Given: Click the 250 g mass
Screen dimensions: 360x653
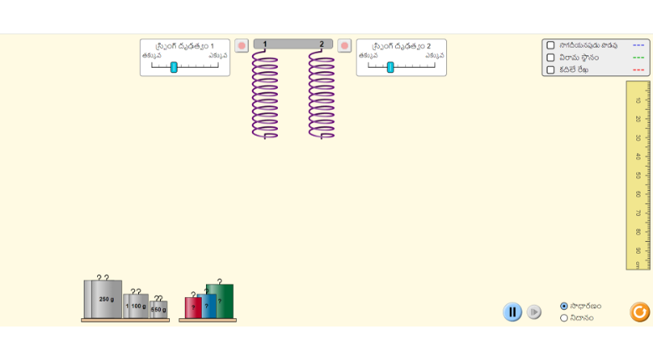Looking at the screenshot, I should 105,299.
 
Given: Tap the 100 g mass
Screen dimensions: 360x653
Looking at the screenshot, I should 138,306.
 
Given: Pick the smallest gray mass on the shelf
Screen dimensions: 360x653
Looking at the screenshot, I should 159,309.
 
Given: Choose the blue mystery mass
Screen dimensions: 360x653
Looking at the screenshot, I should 208,306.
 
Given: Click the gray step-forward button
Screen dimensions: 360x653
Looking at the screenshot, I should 534,312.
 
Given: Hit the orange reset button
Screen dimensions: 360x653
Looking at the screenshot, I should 640,312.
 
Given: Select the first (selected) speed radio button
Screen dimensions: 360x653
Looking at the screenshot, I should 564,306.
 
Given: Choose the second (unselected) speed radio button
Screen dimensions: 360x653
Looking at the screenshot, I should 564,318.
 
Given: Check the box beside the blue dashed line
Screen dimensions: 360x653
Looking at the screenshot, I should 551,45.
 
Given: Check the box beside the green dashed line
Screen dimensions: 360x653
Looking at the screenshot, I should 551,58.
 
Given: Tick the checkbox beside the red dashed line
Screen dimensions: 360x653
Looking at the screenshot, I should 551,69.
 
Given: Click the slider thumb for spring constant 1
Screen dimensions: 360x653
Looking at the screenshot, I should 174,67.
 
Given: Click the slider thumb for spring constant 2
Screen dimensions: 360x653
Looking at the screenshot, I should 390,67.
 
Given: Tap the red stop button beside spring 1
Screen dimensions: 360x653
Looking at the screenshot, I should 241,45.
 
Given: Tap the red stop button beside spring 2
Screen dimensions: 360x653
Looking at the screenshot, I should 344,45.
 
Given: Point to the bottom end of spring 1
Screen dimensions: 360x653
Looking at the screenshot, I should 265,136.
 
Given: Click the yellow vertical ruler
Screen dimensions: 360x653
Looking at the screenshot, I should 638,175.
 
